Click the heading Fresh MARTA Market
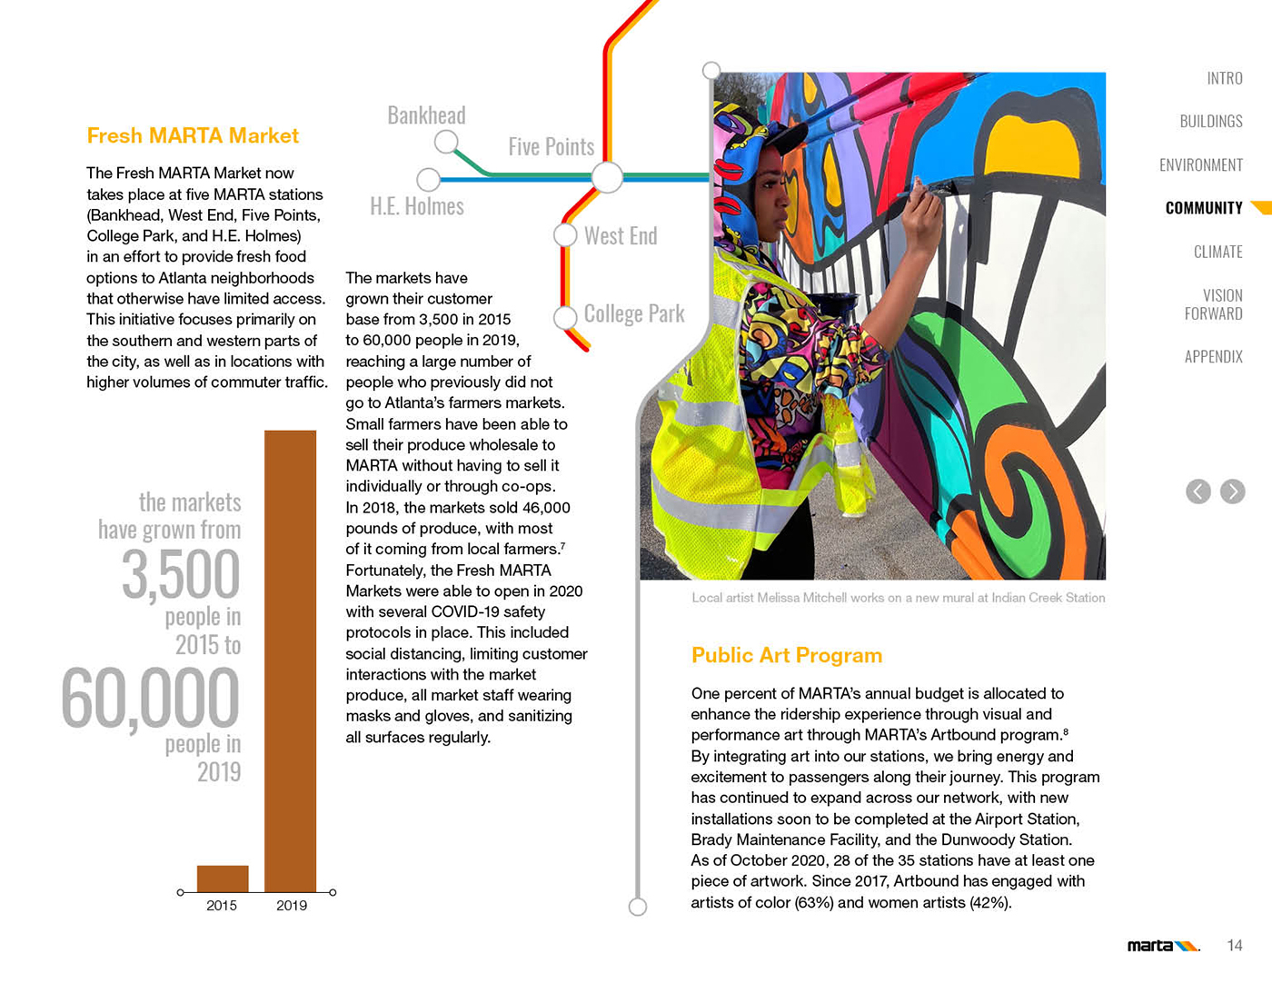pyautogui.click(x=193, y=136)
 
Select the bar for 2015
pyautogui.click(x=223, y=879)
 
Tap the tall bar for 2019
pyautogui.click(x=291, y=660)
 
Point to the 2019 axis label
pyautogui.click(x=292, y=906)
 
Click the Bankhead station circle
pyautogui.click(x=446, y=142)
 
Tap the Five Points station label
pyautogui.click(x=551, y=147)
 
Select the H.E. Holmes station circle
pyautogui.click(x=428, y=179)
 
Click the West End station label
pyautogui.click(x=621, y=236)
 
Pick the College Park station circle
pyautogui.click(x=565, y=317)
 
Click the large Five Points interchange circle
pyautogui.click(x=607, y=177)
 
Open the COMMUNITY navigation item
pyautogui.click(x=1204, y=208)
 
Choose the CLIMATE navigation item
pyautogui.click(x=1217, y=252)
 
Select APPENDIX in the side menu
pyautogui.click(x=1213, y=357)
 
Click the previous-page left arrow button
pyautogui.click(x=1198, y=491)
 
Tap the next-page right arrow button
pyautogui.click(x=1233, y=491)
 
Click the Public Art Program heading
pyautogui.click(x=787, y=656)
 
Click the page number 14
pyautogui.click(x=1235, y=946)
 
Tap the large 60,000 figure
pyautogui.click(x=151, y=699)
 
